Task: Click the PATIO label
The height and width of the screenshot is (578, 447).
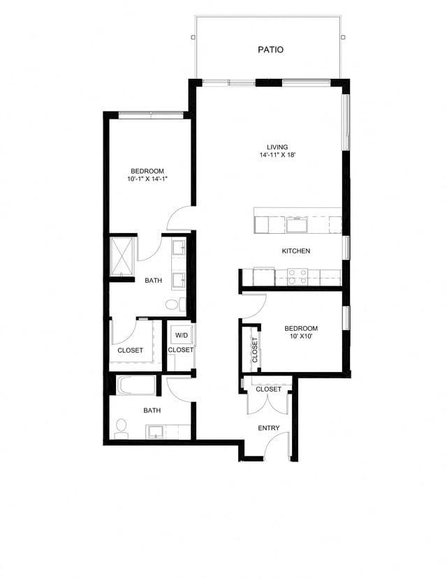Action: [x=270, y=50]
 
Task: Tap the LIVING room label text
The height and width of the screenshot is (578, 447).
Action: [x=277, y=147]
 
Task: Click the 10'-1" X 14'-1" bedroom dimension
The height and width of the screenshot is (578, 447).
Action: [x=147, y=179]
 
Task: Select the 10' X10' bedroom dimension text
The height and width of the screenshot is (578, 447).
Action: [x=301, y=336]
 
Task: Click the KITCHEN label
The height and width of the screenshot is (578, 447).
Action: [x=296, y=251]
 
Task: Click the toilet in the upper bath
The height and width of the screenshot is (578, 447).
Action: [x=175, y=304]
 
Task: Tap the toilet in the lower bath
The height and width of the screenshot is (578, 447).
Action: [x=121, y=427]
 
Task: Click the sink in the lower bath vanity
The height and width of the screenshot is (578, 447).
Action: [x=155, y=431]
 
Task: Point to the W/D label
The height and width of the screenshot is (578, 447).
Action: [x=181, y=334]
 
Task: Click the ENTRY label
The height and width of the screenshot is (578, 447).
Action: [x=269, y=428]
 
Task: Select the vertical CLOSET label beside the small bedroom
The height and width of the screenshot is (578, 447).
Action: [x=255, y=349]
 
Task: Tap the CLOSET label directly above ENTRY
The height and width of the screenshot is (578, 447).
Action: [x=268, y=389]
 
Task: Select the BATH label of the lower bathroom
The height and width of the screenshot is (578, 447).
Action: [x=152, y=410]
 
